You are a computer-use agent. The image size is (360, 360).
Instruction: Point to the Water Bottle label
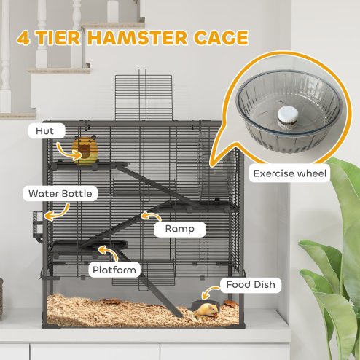[60, 194]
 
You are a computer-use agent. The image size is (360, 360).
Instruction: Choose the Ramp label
[179, 228]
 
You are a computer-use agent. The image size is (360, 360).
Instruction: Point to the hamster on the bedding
[204, 310]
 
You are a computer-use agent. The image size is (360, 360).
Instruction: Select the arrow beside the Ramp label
[149, 216]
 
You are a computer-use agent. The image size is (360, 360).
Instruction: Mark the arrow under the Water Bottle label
[57, 211]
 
